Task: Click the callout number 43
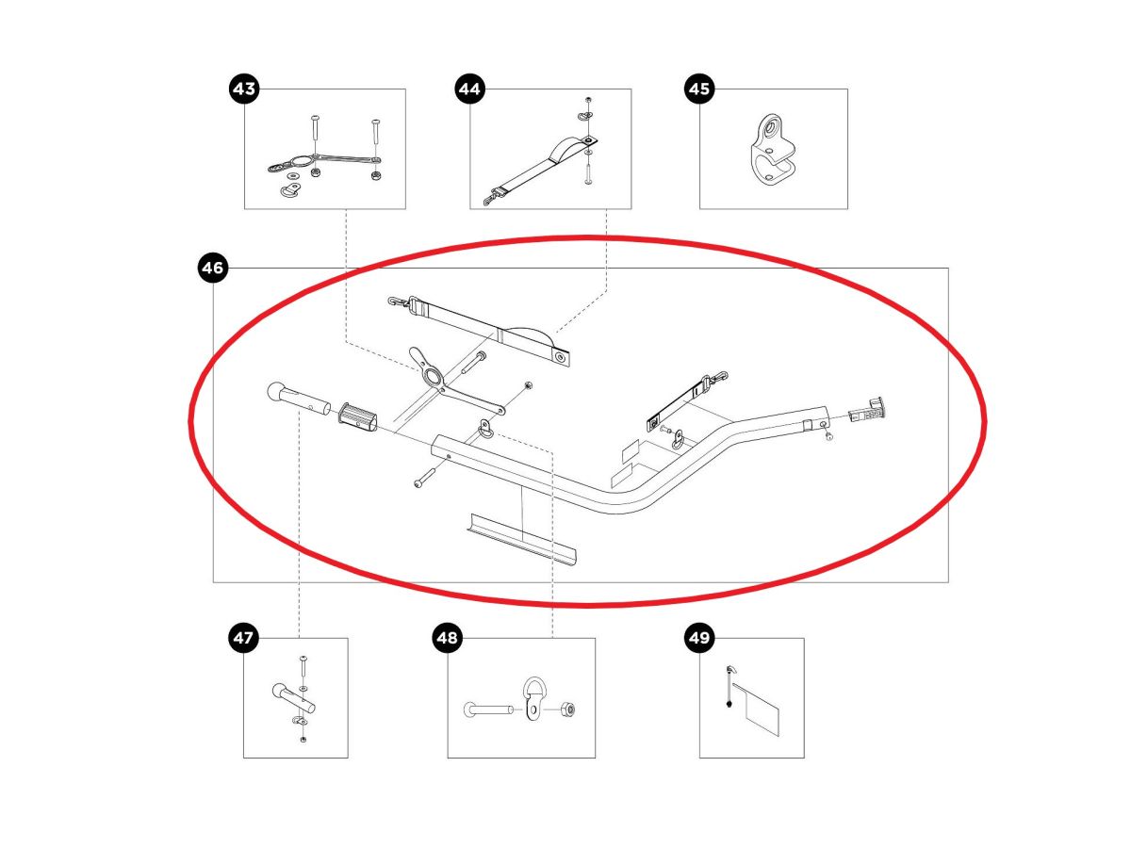click(x=244, y=90)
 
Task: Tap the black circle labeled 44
click(x=468, y=90)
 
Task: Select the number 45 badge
click(x=698, y=90)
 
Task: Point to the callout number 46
click(x=213, y=269)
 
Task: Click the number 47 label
click(x=243, y=639)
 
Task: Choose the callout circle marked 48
click(x=447, y=639)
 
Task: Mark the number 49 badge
click(x=698, y=639)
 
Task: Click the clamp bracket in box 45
click(x=771, y=149)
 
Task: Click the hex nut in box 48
click(x=569, y=709)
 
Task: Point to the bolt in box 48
click(x=485, y=709)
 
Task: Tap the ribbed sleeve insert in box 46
click(x=359, y=415)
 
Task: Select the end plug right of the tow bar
click(x=868, y=411)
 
